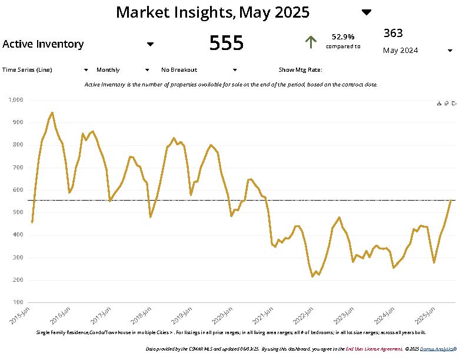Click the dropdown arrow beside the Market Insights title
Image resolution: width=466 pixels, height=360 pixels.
coord(366,12)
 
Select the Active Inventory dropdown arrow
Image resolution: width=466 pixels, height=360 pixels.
coord(150,44)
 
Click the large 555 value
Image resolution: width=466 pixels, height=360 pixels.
coord(227,43)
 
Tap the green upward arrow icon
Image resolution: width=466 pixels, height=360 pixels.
coord(311,42)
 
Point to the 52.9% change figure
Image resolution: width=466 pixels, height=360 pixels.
coord(343,36)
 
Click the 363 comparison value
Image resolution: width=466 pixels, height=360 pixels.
coord(393,33)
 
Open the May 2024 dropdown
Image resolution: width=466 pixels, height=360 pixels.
coord(450,51)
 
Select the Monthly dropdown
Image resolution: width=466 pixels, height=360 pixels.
coord(123,69)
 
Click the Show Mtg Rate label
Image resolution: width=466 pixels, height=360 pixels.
coord(300,69)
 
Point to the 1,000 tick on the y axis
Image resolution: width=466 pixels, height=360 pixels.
coord(16,100)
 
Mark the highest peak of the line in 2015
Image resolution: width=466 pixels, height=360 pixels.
coord(52,112)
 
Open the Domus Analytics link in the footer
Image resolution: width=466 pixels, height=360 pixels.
coord(438,349)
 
